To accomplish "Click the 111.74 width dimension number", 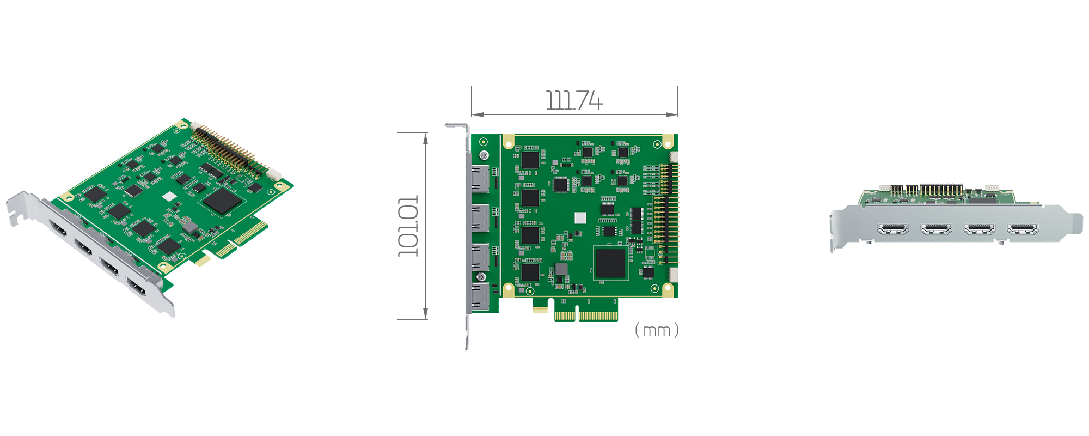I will [574, 101].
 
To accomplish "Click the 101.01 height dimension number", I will [408, 226].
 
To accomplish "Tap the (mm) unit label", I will [657, 330].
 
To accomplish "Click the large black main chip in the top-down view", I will [610, 263].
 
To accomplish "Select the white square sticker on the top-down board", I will [580, 218].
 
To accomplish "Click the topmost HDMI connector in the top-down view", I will [480, 178].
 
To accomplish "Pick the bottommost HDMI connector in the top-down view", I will [480, 297].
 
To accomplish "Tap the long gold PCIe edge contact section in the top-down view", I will [598, 316].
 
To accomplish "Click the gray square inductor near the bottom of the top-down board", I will [561, 269].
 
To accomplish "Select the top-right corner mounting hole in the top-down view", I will [657, 144].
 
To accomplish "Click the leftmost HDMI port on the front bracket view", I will [892, 229].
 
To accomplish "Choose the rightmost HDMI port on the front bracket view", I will [1023, 229].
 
